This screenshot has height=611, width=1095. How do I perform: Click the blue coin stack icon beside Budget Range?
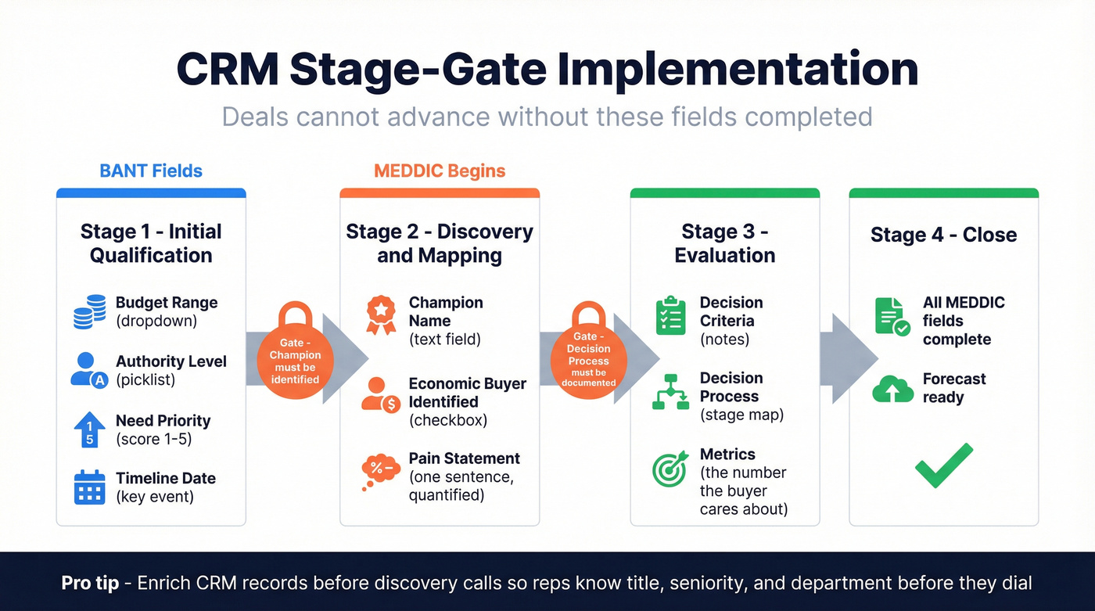click(x=89, y=312)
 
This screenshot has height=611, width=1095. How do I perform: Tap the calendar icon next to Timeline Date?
click(x=89, y=487)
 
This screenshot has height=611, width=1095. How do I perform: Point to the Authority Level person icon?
click(x=88, y=370)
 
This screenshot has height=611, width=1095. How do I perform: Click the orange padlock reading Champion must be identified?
click(x=296, y=351)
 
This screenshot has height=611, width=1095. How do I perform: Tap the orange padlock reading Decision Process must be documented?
click(x=588, y=351)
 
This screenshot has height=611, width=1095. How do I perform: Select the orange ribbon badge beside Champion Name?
click(x=380, y=314)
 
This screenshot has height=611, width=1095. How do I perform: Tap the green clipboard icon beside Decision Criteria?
click(x=670, y=315)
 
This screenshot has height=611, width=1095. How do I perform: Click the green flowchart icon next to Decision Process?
click(x=670, y=391)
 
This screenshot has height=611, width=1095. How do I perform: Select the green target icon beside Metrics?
click(x=670, y=469)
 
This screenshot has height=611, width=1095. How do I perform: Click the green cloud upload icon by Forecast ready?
click(x=892, y=389)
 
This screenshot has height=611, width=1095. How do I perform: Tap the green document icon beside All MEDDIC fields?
click(x=892, y=317)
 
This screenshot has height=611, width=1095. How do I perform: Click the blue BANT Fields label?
click(x=151, y=171)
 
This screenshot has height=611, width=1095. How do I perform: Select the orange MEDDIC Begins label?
click(x=440, y=171)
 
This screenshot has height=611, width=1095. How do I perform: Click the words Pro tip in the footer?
click(x=90, y=583)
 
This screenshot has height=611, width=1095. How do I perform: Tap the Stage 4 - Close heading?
click(x=943, y=235)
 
